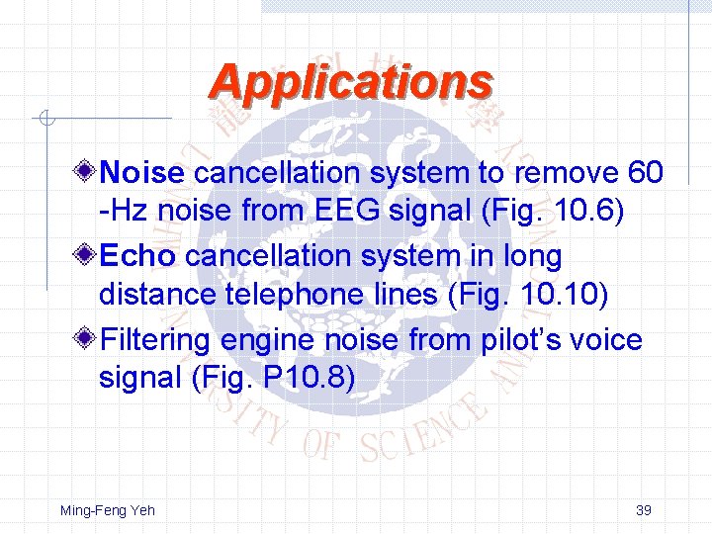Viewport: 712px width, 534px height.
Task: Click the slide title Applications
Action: [350, 82]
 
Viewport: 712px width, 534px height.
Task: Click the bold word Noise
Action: [142, 174]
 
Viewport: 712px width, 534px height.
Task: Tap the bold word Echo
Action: [137, 257]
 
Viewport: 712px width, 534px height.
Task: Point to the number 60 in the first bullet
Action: [645, 174]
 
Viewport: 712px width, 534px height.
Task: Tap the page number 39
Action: [643, 510]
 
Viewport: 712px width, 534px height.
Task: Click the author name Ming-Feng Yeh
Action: [108, 510]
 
